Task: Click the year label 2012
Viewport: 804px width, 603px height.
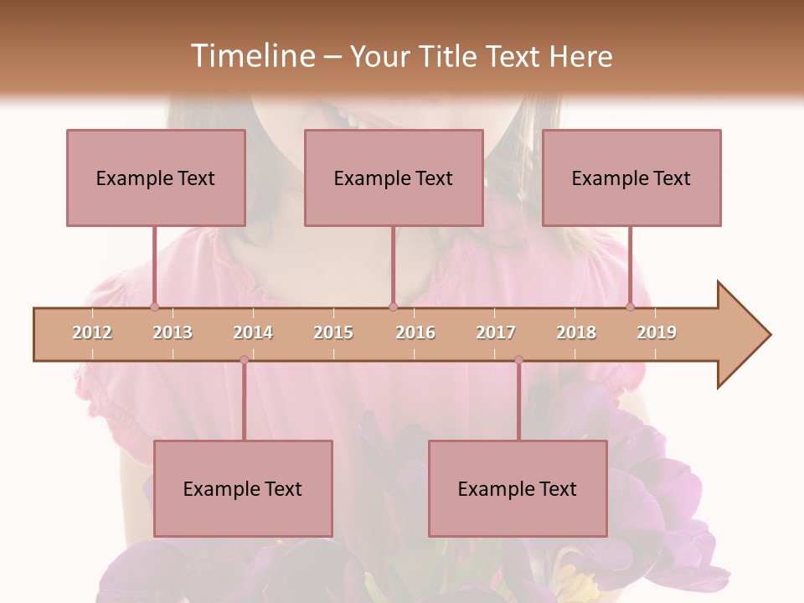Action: tap(92, 332)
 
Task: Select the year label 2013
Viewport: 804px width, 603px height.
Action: tap(173, 332)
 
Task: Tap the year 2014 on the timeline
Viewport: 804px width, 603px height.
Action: tap(253, 332)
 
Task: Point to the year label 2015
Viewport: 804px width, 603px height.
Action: tap(333, 332)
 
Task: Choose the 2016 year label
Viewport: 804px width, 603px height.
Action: tap(415, 332)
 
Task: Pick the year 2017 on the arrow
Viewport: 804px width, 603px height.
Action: tap(496, 332)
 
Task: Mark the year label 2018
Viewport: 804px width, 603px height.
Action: tap(576, 332)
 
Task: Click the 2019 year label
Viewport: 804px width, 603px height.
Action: tap(657, 332)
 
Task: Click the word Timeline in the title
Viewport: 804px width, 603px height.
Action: tap(251, 56)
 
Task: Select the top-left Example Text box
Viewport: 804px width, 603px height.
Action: tap(156, 178)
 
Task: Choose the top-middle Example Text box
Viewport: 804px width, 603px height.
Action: tap(394, 178)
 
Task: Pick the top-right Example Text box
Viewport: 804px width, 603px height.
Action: tap(631, 178)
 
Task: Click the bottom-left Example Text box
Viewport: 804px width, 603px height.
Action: tap(243, 488)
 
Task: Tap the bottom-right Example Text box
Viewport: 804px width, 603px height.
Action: tap(518, 488)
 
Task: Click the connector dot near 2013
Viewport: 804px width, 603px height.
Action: tap(154, 307)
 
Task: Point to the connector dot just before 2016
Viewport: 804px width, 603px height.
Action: tap(393, 307)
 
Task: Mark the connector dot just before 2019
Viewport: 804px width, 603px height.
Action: tap(630, 307)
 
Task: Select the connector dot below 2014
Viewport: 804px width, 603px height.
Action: tap(244, 360)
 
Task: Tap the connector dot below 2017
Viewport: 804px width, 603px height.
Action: tap(518, 360)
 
